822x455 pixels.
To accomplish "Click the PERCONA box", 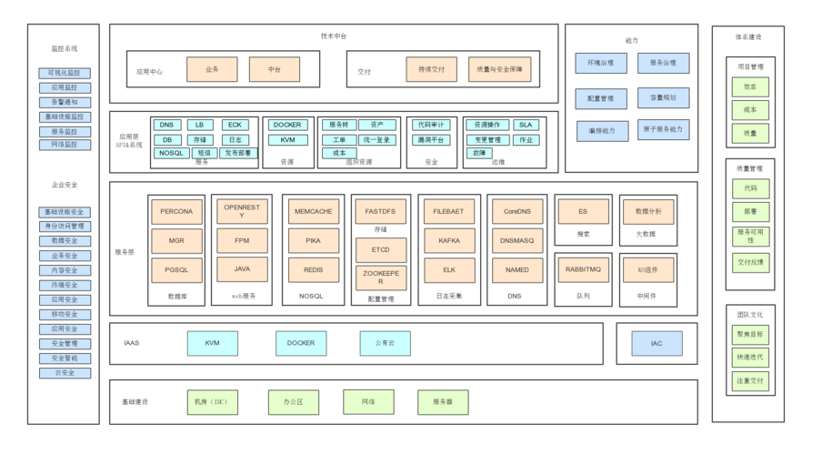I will tap(176, 212).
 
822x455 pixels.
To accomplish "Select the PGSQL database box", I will tap(176, 270).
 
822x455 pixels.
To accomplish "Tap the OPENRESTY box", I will tap(242, 212).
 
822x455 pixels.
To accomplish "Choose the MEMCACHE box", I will tap(313, 212).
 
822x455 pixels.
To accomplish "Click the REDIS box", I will tap(313, 270).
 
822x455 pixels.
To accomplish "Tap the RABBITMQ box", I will tap(583, 270).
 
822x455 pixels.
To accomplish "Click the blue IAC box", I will tap(657, 344).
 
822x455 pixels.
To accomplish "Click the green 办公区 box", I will tap(293, 401).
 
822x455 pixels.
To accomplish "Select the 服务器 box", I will tap(443, 401).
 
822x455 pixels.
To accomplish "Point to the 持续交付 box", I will tap(431, 70).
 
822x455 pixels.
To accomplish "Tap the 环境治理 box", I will tap(601, 63).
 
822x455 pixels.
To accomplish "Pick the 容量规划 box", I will tap(663, 97).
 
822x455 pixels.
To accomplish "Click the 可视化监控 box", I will tap(65, 73).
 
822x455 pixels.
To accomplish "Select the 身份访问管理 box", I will tap(65, 227).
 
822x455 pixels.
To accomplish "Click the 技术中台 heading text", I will tap(334, 36).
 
